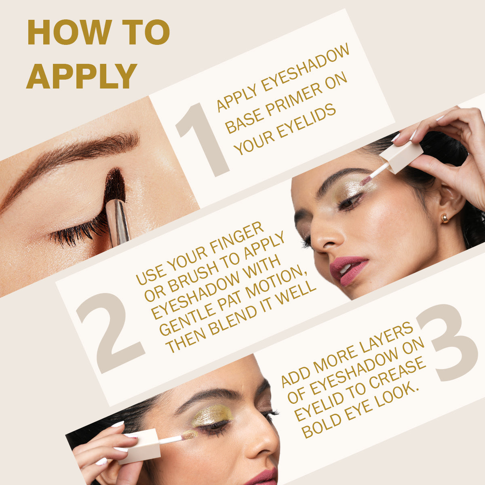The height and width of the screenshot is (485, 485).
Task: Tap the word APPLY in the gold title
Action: point(82,76)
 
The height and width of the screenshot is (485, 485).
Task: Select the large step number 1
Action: point(202,140)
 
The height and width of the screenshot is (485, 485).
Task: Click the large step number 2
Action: point(111,333)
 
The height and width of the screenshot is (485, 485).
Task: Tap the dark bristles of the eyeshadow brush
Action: point(115,186)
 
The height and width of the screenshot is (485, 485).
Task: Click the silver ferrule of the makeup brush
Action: point(117,223)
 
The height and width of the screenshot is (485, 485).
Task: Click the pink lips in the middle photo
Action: point(348,270)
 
